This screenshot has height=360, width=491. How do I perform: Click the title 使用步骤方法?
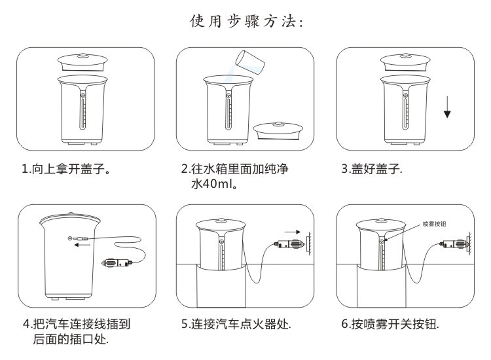245,22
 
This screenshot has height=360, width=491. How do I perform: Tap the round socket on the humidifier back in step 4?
70,238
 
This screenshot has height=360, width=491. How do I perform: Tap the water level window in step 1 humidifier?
82,110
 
